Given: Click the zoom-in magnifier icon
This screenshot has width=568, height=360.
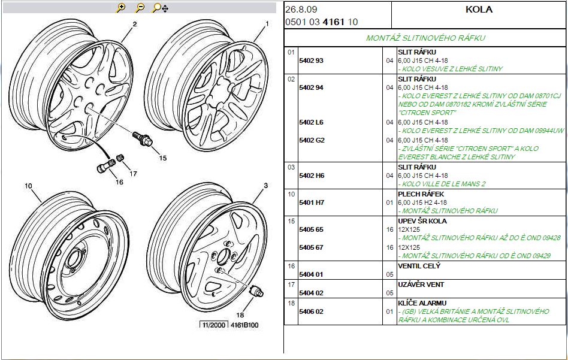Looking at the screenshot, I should click(120, 8).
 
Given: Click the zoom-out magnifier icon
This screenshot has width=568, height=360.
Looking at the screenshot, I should click(139, 8).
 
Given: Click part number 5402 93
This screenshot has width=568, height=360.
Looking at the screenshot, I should click(311, 60).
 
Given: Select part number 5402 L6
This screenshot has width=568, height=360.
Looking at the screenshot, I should click(311, 122).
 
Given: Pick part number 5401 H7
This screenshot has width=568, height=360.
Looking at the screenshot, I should click(311, 202).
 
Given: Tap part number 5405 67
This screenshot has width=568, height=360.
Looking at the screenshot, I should click(311, 247).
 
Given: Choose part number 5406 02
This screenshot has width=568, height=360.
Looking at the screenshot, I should click(311, 311).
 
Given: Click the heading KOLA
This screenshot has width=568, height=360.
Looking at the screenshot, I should click(479, 9).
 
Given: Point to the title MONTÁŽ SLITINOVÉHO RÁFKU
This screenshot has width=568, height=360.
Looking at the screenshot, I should click(425, 38).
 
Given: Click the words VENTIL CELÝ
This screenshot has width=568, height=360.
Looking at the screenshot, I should click(419, 266).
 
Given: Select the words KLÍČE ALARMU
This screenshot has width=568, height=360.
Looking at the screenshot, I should click(422, 303).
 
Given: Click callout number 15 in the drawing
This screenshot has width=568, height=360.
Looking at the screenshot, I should click(162, 158).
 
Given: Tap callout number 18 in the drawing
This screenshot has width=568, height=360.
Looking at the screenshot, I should click(240, 315).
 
